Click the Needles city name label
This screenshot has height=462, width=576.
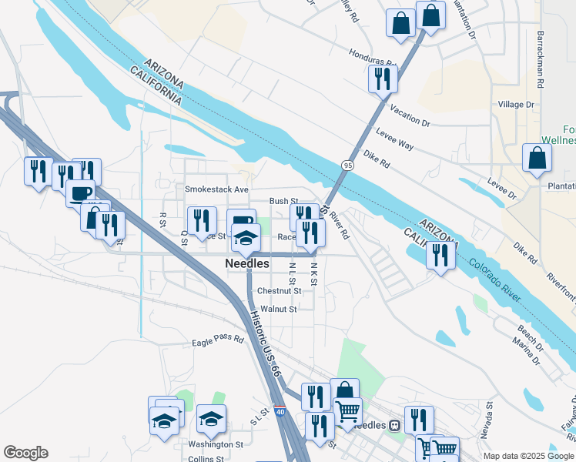click(x=247, y=263)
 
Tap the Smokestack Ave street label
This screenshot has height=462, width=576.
click(x=216, y=189)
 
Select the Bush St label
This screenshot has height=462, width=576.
click(x=283, y=201)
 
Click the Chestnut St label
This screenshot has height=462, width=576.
click(x=279, y=291)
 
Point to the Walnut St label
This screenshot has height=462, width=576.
click(x=278, y=310)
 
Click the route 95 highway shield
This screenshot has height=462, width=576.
click(x=348, y=165)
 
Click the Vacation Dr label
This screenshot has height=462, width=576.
click(x=410, y=116)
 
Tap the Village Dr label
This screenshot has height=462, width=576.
click(x=516, y=105)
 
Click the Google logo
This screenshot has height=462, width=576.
click(x=25, y=453)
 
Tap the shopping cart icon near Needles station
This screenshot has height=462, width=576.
click(x=347, y=413)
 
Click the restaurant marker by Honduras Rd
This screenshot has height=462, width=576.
click(x=383, y=78)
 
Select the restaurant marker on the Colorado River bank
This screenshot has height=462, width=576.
click(x=440, y=254)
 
